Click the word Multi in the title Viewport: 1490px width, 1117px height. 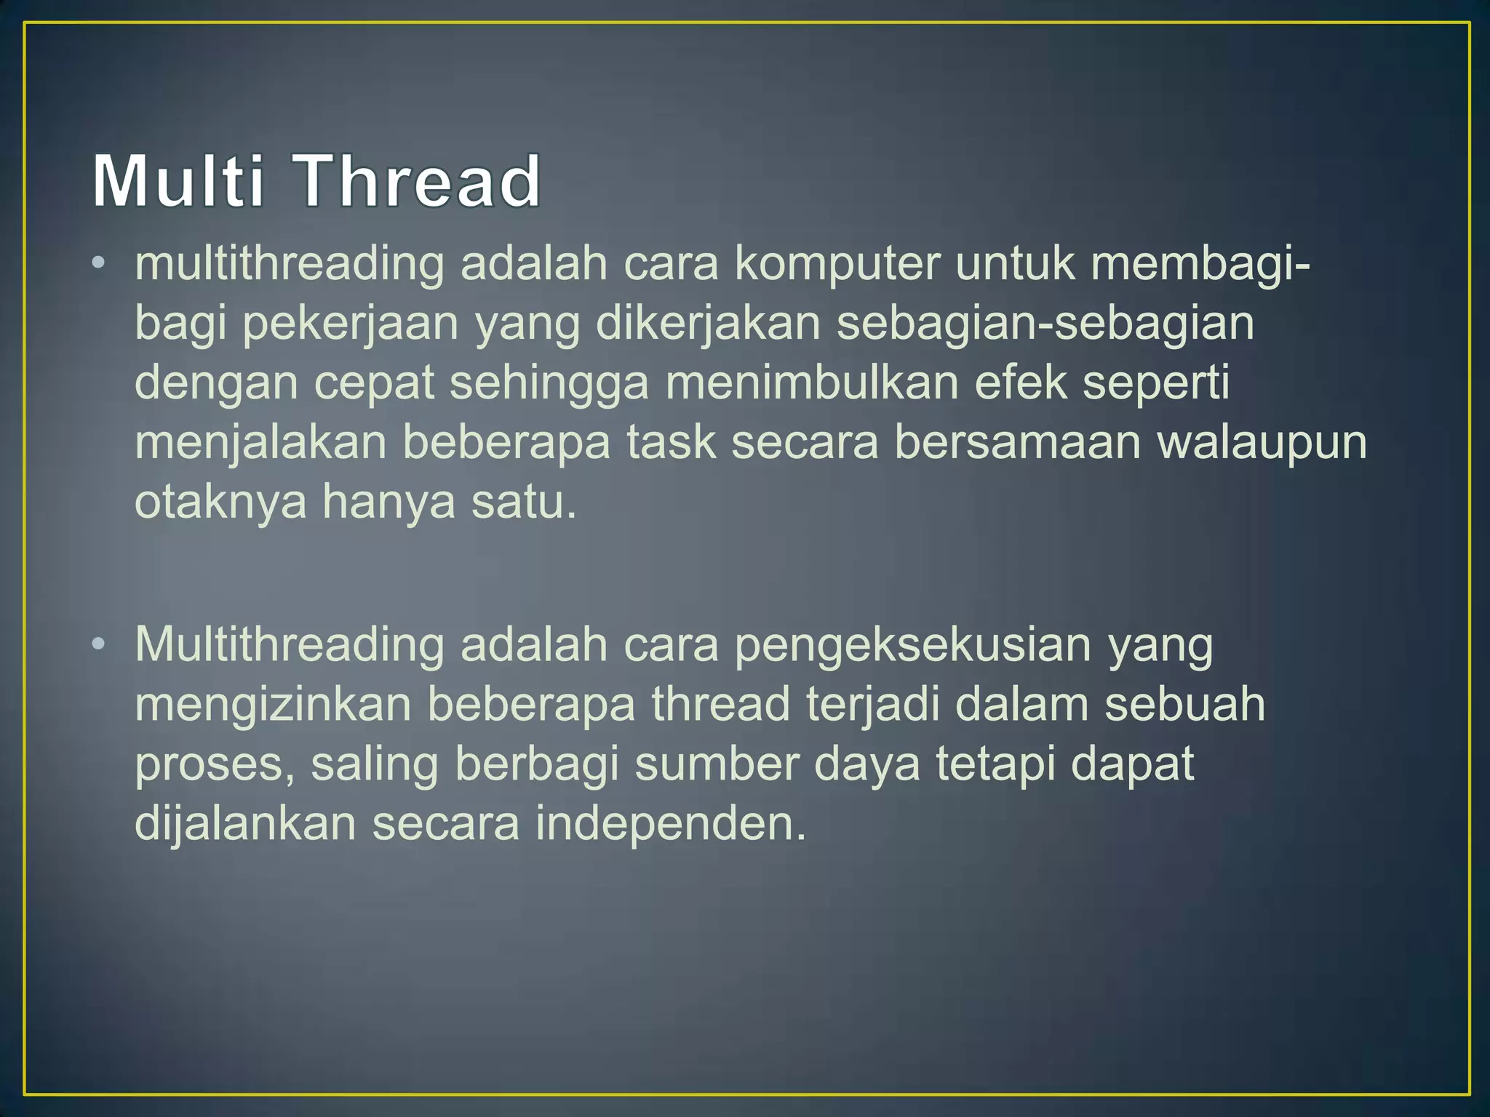point(178,181)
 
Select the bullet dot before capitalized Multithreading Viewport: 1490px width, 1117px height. point(99,644)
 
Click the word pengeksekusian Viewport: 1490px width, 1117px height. point(912,645)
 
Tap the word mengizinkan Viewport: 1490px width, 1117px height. point(273,705)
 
